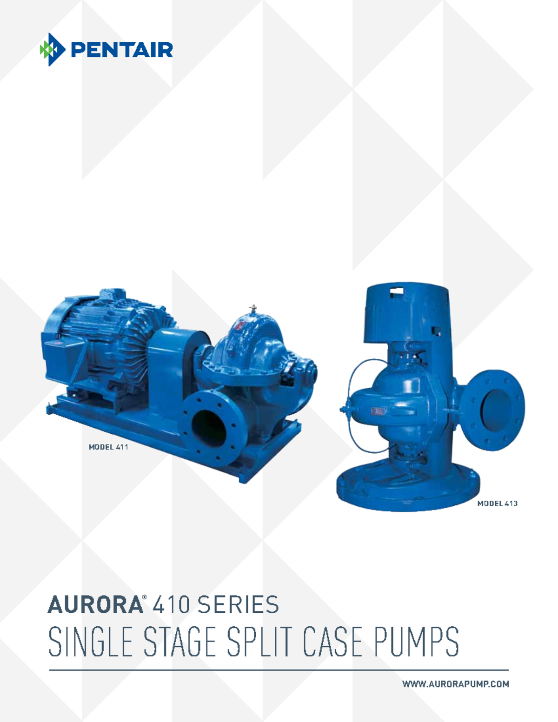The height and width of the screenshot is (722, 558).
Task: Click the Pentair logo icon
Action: click(52, 49)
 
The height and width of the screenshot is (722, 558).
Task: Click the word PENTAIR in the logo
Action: click(122, 50)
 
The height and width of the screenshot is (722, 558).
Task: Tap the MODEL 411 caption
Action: click(108, 447)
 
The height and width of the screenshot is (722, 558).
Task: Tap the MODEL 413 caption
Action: click(497, 503)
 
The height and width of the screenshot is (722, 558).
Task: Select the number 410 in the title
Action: click(171, 605)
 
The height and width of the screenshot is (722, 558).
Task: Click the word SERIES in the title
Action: click(238, 605)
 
